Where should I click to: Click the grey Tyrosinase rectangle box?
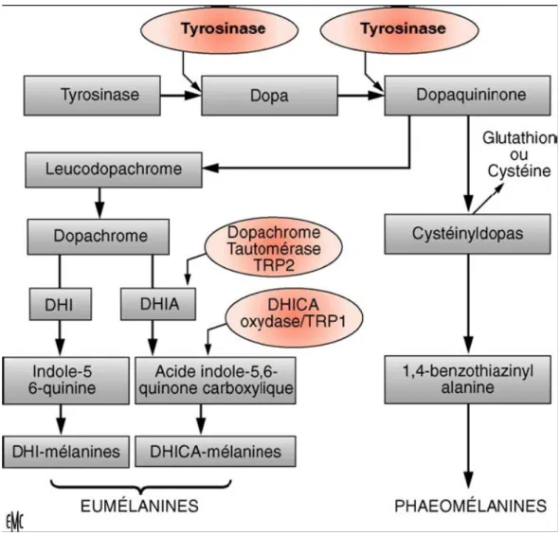(92, 96)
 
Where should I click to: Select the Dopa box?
(269, 96)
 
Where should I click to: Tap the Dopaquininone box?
(467, 96)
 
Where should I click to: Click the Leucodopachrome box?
(114, 169)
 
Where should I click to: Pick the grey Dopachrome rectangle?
(99, 237)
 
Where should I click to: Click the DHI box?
(61, 304)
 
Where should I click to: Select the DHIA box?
(158, 304)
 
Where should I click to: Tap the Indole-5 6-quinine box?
(65, 381)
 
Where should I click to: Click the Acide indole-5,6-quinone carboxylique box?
(215, 381)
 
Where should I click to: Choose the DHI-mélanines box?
(65, 452)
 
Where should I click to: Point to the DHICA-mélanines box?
(215, 451)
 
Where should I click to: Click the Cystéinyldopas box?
(467, 234)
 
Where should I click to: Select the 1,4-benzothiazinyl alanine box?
(467, 380)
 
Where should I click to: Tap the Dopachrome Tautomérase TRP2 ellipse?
(274, 247)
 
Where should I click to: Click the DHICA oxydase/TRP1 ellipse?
(294, 317)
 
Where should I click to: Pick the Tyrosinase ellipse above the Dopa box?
(220, 30)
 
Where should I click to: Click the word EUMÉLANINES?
(139, 506)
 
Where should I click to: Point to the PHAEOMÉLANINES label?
(470, 506)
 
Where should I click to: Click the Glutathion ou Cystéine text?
(519, 154)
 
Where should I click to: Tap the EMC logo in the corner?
(14, 522)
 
